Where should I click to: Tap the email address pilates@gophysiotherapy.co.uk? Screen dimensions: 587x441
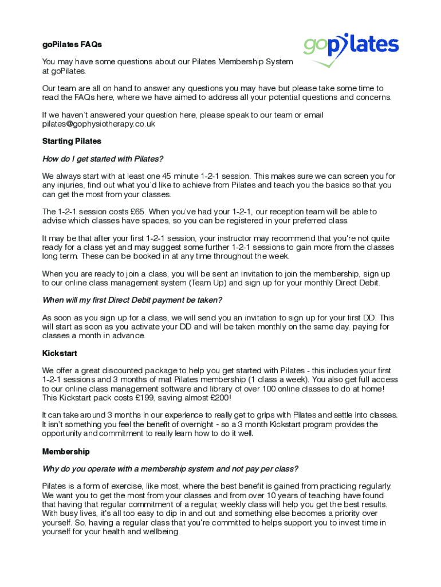(x=99, y=124)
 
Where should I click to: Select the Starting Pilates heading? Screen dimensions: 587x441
(x=72, y=141)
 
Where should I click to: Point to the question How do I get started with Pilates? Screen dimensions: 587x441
(x=103, y=159)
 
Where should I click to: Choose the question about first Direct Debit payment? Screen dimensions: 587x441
(x=132, y=300)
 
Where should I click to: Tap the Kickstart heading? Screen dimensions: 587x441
(x=60, y=353)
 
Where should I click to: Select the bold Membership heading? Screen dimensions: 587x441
(x=66, y=451)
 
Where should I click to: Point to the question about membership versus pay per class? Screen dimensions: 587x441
(x=170, y=469)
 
